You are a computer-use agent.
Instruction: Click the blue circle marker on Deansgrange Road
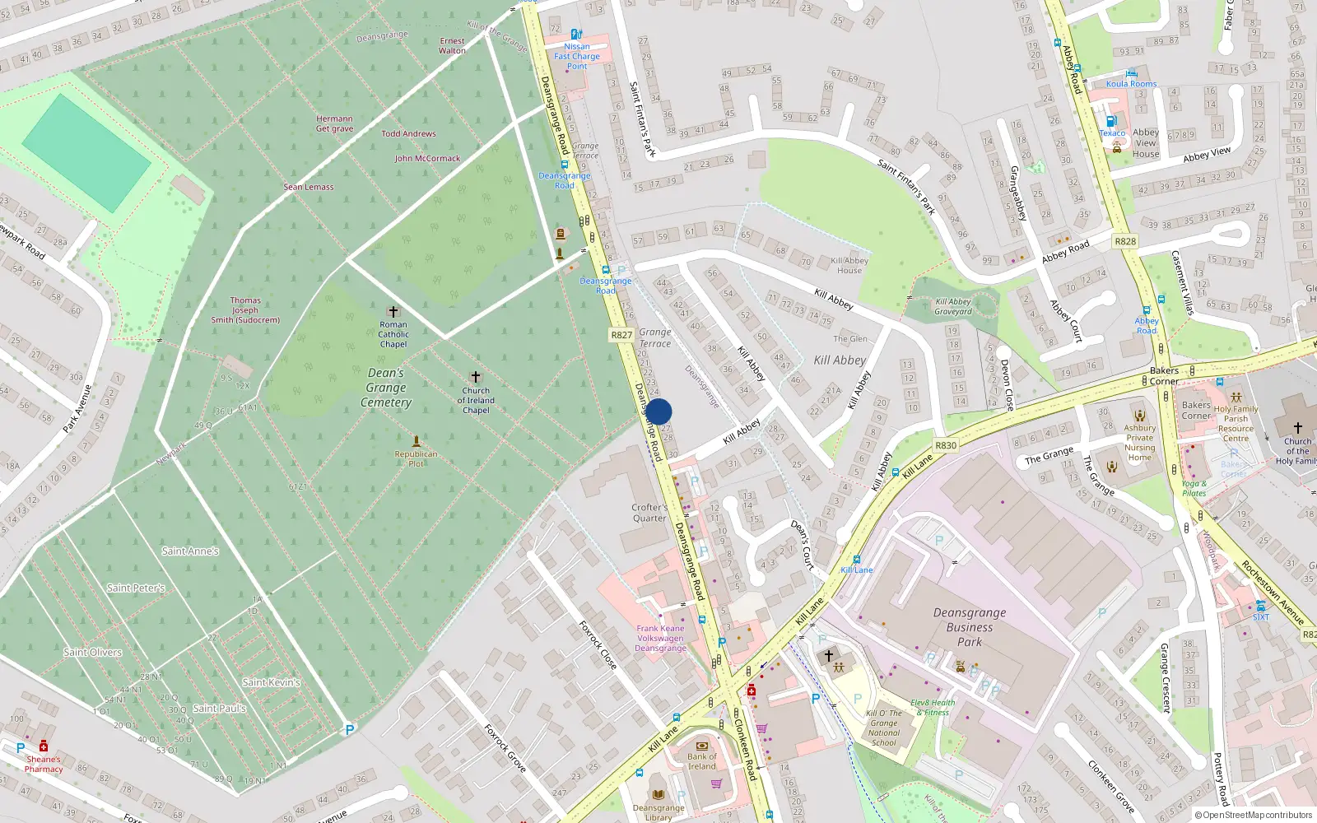(658, 411)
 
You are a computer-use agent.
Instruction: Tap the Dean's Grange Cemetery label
(386, 388)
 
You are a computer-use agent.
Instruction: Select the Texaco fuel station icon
(1110, 121)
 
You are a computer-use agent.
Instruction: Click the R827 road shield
(621, 335)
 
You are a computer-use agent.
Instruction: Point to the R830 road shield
(946, 445)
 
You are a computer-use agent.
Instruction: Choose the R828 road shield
(1124, 241)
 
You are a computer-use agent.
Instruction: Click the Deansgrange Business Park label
(969, 627)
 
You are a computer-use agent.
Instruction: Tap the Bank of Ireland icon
(702, 745)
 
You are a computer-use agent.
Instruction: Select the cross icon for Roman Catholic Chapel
(393, 312)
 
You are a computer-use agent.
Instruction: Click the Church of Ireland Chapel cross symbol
(476, 377)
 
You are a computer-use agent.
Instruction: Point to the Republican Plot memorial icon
(417, 441)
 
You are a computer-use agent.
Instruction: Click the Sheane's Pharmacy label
(44, 764)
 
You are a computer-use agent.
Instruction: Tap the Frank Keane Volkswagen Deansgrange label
(660, 638)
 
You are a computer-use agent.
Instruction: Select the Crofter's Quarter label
(649, 513)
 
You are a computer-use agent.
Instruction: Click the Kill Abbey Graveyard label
(953, 306)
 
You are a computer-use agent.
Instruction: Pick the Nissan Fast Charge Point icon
(576, 35)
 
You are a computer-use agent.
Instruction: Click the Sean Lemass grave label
(309, 187)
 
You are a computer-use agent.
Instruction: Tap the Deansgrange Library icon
(658, 794)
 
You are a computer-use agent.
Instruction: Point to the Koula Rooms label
(1131, 84)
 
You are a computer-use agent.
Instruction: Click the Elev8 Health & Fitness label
(933, 708)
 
